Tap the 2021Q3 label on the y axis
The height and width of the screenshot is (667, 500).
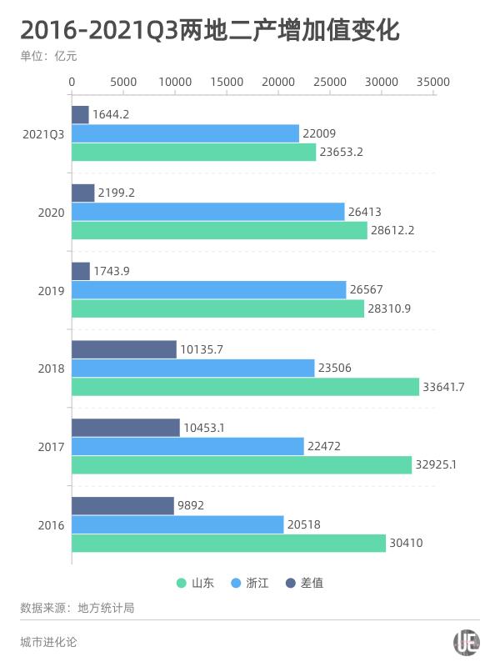[x=43, y=133]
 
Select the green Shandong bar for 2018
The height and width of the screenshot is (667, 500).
[x=245, y=387]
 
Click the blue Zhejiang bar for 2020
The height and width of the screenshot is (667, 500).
[x=207, y=212]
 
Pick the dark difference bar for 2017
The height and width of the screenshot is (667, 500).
[x=125, y=428]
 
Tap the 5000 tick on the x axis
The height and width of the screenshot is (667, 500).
[x=123, y=82]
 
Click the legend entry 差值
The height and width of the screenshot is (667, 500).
[x=304, y=583]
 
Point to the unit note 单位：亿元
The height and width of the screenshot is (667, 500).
[x=53, y=57]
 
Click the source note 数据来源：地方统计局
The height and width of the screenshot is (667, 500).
[x=77, y=608]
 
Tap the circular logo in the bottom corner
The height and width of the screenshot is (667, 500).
[x=467, y=642]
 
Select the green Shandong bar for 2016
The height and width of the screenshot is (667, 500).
[x=228, y=543]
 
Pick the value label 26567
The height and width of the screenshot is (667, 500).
[x=367, y=289]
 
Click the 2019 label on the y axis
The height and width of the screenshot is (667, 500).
[x=51, y=290]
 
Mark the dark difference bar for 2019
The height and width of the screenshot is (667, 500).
[x=81, y=271]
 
